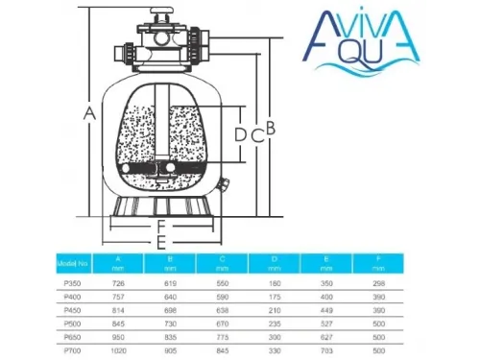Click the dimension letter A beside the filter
(x=89, y=113)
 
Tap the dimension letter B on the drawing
(x=272, y=127)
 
